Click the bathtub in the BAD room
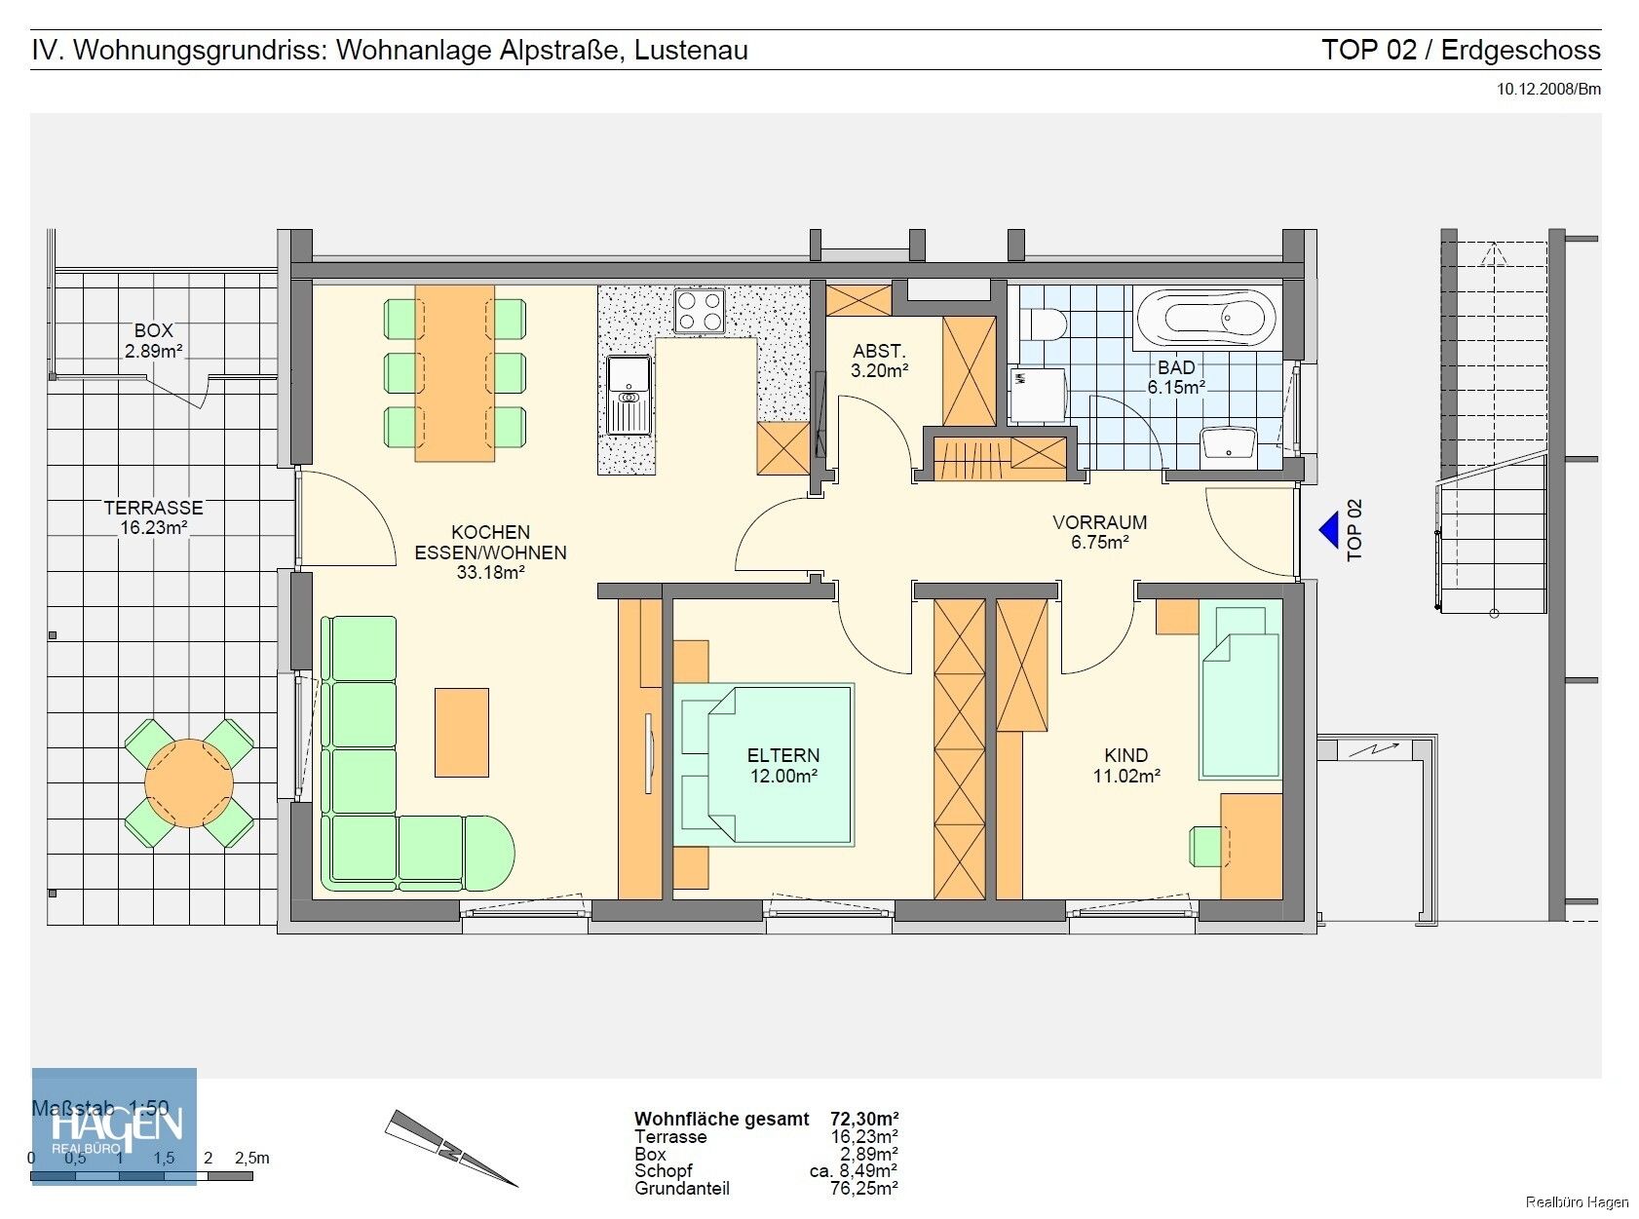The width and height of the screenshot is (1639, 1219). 1206,317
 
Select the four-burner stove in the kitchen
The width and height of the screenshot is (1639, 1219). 699,311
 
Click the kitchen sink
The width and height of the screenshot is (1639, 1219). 629,394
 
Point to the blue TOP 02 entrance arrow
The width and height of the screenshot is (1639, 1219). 1329,531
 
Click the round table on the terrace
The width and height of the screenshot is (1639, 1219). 189,783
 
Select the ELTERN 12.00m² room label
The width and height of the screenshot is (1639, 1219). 782,766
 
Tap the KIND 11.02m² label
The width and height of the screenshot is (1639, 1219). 1125,766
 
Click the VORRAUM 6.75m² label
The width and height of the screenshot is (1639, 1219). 1099,532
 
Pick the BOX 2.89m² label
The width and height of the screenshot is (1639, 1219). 154,341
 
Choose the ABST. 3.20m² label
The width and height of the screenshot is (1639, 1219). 879,361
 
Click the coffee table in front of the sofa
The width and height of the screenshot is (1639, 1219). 461,732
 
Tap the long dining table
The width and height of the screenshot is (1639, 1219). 455,372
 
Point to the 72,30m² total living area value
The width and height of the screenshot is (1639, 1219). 863,1119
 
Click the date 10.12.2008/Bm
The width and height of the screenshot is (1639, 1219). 1548,90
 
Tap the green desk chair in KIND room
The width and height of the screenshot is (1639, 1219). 1206,845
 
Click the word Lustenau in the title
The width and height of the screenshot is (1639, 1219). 691,51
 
